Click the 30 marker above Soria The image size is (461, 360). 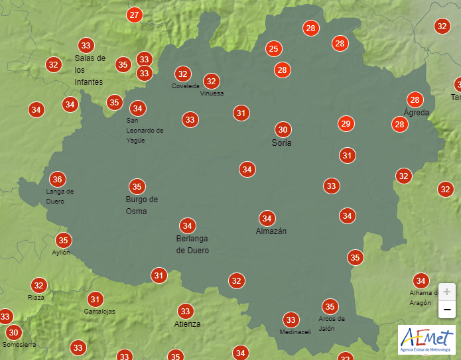tap(283, 129)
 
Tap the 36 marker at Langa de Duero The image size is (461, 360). tap(58, 179)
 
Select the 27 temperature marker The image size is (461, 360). tap(135, 15)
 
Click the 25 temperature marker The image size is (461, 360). tap(273, 48)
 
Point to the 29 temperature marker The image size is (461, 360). tap(346, 123)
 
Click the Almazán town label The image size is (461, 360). tap(271, 231)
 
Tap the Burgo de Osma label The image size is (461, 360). tap(141, 205)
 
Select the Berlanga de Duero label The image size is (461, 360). tap(192, 244)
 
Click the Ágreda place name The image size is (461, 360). tap(417, 112)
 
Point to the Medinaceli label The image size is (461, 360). tap(295, 332)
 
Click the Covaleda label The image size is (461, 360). tap(185, 86)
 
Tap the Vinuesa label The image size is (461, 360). tap(212, 93)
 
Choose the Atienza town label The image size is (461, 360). tap(187, 324)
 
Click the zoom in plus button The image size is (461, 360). tap(446, 292)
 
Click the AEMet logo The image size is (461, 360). tap(427, 339)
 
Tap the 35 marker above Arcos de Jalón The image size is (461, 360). tap(330, 306)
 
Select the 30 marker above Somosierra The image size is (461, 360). tap(13, 332)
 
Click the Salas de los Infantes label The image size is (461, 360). tap(90, 70)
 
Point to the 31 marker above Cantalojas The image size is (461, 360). tap(96, 299)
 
